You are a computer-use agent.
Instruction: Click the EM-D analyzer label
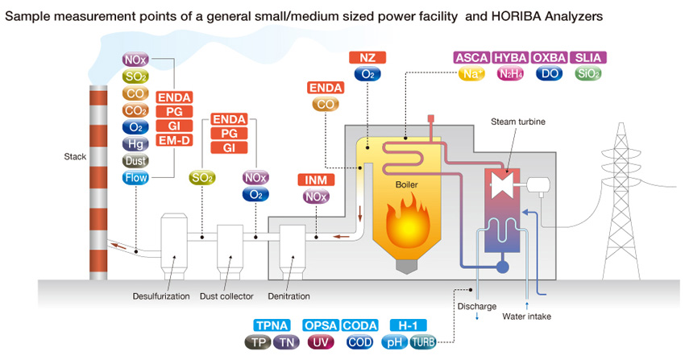[x=174, y=140]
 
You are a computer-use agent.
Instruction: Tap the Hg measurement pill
[x=134, y=144]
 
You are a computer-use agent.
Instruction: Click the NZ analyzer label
[x=367, y=57]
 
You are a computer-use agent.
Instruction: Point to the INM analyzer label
[x=315, y=179]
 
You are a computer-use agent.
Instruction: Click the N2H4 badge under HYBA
[x=510, y=74]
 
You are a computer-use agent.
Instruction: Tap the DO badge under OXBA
[x=550, y=74]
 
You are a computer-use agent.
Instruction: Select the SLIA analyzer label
[x=588, y=57]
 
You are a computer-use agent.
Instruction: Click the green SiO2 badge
[x=588, y=74]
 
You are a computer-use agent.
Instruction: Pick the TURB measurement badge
[x=423, y=342]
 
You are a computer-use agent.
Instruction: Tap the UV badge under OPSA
[x=320, y=342]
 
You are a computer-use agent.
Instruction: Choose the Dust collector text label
[x=226, y=296]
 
